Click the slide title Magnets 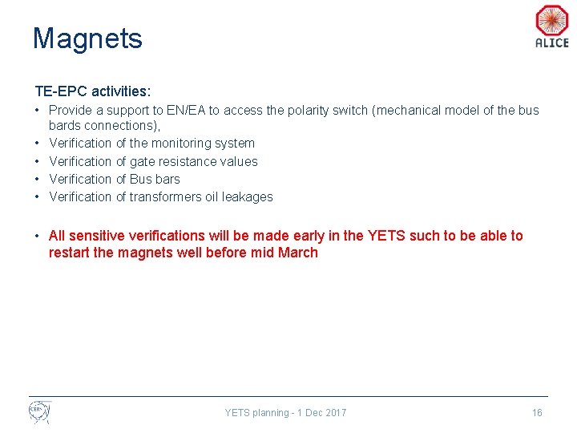[87, 38]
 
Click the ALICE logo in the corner [551, 26]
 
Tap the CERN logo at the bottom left [39, 412]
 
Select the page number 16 [537, 413]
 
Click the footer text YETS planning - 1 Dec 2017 [285, 413]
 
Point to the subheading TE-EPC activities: [92, 92]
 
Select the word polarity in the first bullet [308, 111]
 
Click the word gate [143, 161]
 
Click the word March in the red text [297, 253]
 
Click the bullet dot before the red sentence [38, 236]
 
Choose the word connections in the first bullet [119, 126]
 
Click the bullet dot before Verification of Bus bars [38, 179]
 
